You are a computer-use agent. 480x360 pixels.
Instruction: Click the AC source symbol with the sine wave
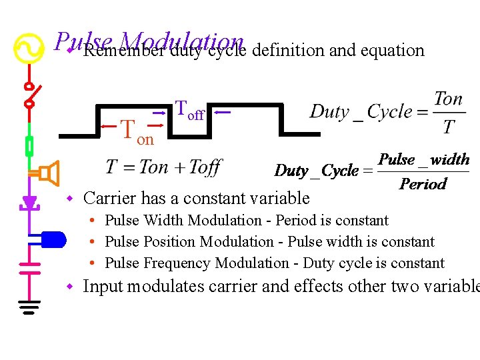tap(30, 48)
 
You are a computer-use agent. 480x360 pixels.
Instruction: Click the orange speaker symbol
tap(48, 174)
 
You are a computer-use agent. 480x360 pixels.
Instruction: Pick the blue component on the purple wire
tap(53, 239)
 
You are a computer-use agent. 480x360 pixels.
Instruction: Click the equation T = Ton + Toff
tap(163, 167)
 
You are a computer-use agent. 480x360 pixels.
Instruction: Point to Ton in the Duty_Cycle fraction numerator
tap(448, 99)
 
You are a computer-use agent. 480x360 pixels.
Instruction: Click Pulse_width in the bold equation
tap(424, 159)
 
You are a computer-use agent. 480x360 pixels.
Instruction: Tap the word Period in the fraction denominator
tap(423, 184)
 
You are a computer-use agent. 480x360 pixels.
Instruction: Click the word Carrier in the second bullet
tap(107, 198)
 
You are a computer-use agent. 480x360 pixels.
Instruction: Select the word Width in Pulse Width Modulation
tap(163, 220)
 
